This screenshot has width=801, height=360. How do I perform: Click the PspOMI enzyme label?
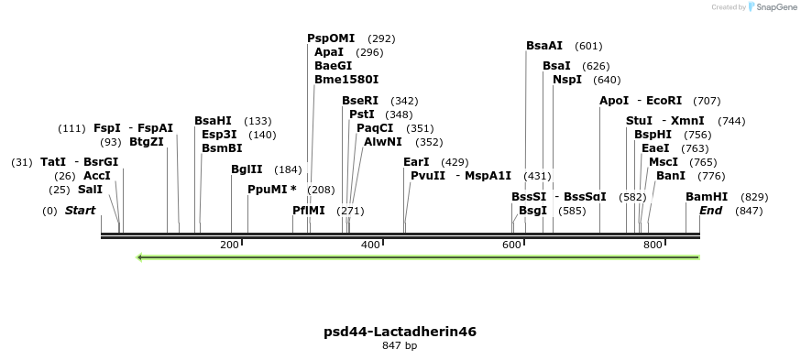pos(330,38)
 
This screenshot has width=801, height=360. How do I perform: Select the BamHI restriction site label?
pos(707,197)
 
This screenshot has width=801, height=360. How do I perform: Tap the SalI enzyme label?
pos(90,190)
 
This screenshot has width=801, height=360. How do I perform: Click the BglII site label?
pos(247,169)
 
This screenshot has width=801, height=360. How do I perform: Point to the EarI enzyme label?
pos(416,162)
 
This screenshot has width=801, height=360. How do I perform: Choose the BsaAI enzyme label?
pos(544,46)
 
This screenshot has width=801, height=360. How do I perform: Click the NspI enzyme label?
pos(566,80)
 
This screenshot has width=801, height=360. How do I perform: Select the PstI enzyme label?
pos(362,115)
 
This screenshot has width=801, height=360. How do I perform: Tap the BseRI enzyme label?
pos(359,101)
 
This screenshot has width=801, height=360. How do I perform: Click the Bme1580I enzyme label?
pos(346,80)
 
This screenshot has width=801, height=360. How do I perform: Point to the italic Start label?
pos(80,211)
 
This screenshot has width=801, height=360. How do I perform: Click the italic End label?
pos(711,211)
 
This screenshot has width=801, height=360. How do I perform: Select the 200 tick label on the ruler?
pos(229,245)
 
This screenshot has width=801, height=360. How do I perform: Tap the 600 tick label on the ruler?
pos(511,245)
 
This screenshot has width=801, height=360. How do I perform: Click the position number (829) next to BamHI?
pos(754,197)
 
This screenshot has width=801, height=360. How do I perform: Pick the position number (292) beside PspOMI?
pos(381,38)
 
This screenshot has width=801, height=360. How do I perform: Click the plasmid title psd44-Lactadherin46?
pos(400,332)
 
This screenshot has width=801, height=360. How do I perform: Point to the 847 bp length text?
pos(400,346)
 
